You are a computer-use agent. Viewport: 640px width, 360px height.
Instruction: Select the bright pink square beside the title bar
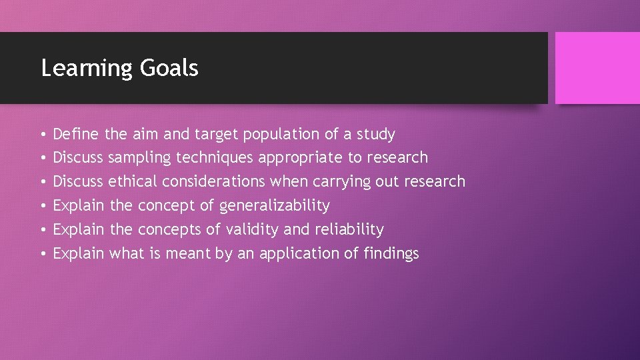[x=597, y=68]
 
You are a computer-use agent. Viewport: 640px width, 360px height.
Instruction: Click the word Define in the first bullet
[x=75, y=134]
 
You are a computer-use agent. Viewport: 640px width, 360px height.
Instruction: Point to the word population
[x=281, y=135]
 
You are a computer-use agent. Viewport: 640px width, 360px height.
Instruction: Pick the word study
[x=375, y=135]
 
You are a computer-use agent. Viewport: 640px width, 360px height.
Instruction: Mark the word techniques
[x=215, y=158]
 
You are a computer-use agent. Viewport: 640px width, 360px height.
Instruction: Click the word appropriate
[x=299, y=158]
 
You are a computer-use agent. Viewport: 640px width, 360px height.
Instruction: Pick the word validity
[x=252, y=229]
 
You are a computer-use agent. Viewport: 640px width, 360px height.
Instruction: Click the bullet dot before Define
[x=43, y=135]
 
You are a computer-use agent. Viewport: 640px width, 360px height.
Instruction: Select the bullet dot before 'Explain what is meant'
[x=43, y=254]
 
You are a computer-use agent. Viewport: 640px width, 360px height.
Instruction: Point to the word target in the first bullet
[x=217, y=135]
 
